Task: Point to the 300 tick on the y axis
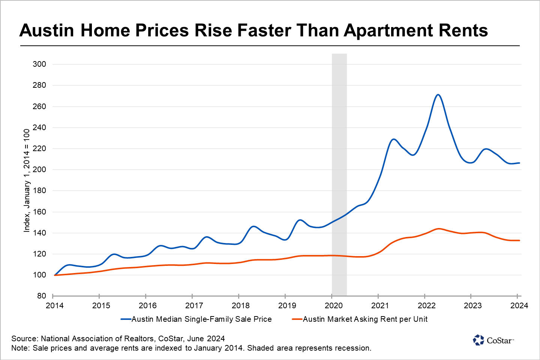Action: [39, 64]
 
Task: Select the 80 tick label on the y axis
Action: [42, 296]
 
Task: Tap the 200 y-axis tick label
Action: [39, 169]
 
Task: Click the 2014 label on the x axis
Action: [55, 306]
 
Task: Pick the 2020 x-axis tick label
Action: [333, 306]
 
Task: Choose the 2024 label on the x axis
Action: [519, 306]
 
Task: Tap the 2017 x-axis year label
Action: [194, 306]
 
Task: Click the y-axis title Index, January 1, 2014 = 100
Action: [27, 180]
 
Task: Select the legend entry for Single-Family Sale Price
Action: [201, 319]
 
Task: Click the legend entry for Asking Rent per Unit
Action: [365, 319]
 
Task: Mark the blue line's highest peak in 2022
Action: [438, 94]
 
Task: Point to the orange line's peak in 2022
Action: [438, 229]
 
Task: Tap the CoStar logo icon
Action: [478, 340]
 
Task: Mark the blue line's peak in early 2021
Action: [393, 139]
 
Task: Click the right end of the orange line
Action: [519, 240]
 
